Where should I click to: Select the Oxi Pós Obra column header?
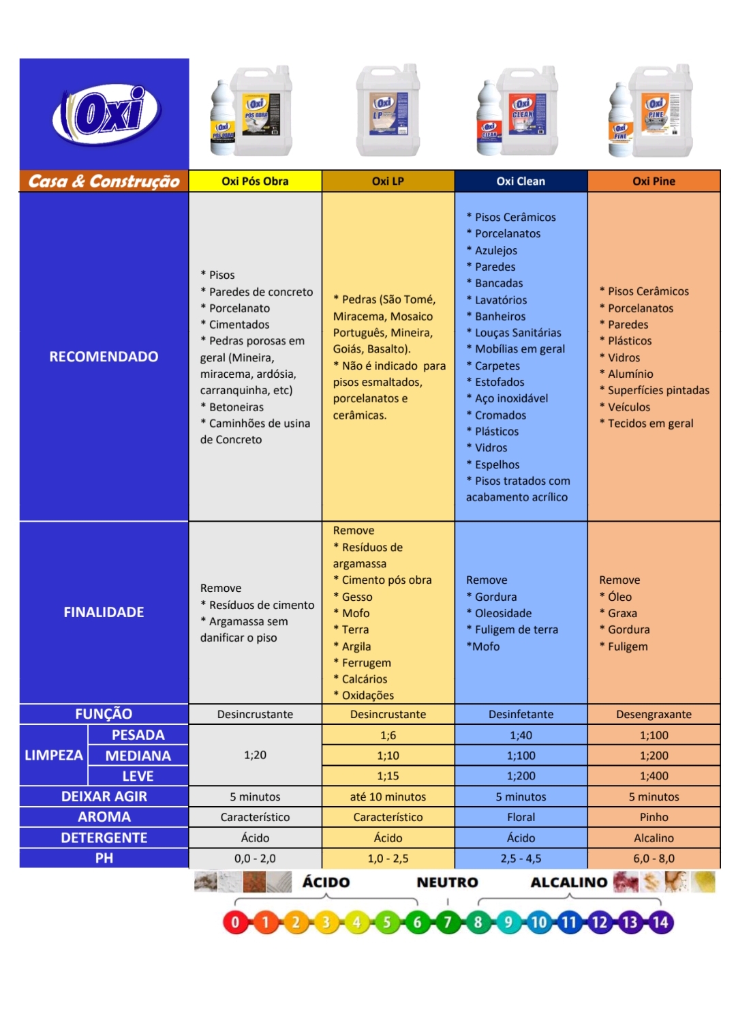pyautogui.click(x=255, y=181)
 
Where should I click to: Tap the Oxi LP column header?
pyautogui.click(x=388, y=181)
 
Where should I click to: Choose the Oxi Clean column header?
pyautogui.click(x=521, y=181)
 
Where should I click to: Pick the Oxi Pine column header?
pyautogui.click(x=654, y=181)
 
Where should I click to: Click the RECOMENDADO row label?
pyautogui.click(x=104, y=357)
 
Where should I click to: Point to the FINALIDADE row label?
pyautogui.click(x=104, y=612)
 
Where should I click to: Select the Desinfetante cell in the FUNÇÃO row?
pyautogui.click(x=521, y=714)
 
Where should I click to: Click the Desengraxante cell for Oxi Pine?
pyautogui.click(x=654, y=714)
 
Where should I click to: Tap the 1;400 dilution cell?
pyautogui.click(x=654, y=776)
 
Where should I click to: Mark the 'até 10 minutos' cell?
pyautogui.click(x=388, y=797)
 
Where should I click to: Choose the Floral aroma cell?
pyautogui.click(x=521, y=817)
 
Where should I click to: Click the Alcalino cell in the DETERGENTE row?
pyautogui.click(x=654, y=838)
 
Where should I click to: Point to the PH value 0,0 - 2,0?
pyautogui.click(x=255, y=859)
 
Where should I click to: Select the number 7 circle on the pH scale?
pyautogui.click(x=448, y=923)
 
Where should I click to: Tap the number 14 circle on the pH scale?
pyautogui.click(x=660, y=923)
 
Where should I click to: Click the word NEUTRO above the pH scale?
pyautogui.click(x=447, y=882)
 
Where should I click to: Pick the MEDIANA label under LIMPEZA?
pyautogui.click(x=138, y=756)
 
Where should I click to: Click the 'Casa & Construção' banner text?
pyautogui.click(x=104, y=181)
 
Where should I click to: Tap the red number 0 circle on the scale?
pyautogui.click(x=235, y=923)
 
